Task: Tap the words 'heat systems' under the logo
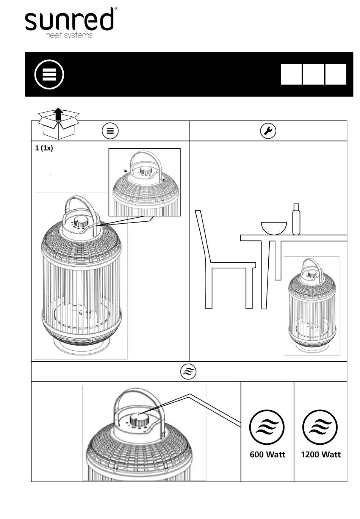tap(69, 35)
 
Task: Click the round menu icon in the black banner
tap(49, 74)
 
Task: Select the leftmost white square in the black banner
tap(291, 74)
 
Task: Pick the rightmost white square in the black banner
tap(335, 74)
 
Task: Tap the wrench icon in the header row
tap(268, 131)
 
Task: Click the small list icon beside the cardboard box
tap(110, 131)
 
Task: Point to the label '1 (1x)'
tap(44, 148)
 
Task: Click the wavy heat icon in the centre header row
tap(188, 372)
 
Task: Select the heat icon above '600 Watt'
tap(267, 428)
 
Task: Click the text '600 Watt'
tap(267, 454)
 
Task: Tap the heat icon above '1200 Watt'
tap(321, 428)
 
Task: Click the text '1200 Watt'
tap(321, 454)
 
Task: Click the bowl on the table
tap(274, 228)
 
